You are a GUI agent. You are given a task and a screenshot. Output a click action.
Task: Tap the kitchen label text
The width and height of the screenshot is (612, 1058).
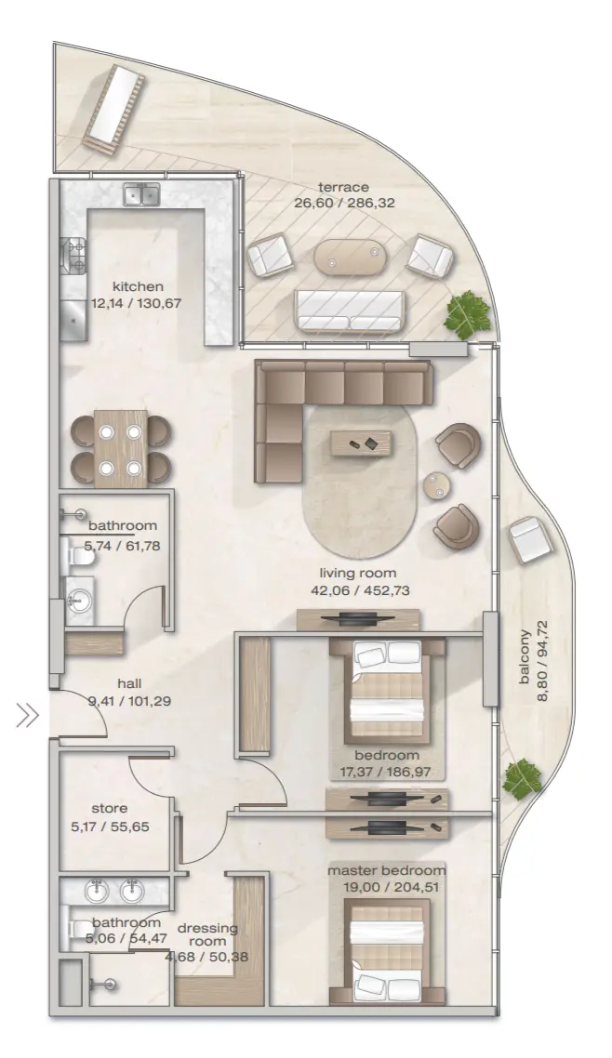click(x=138, y=286)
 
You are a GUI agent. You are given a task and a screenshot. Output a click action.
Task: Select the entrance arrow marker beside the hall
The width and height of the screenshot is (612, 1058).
click(x=26, y=715)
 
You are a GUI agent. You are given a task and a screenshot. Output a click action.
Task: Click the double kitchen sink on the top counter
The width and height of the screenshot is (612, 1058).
click(x=141, y=195)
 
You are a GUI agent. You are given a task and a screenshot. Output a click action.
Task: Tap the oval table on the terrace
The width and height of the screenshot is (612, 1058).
click(x=350, y=258)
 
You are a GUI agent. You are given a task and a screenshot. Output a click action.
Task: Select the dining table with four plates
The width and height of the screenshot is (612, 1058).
click(x=121, y=449)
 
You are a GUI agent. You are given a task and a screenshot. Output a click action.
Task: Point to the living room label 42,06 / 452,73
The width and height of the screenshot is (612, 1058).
click(x=360, y=581)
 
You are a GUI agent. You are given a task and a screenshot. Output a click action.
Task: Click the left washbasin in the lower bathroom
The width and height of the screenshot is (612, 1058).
click(x=99, y=892)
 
